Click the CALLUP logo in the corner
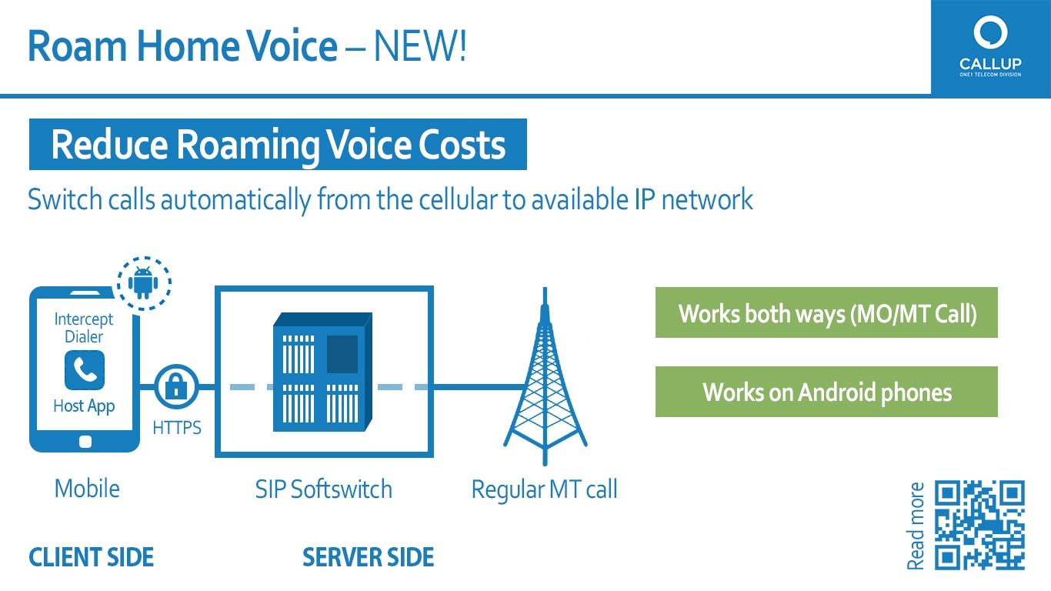click(x=990, y=46)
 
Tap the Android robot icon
click(x=143, y=283)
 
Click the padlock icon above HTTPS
click(x=176, y=387)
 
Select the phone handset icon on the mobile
click(x=85, y=370)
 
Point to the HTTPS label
click(x=177, y=428)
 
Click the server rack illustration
click(x=323, y=372)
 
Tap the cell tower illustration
click(x=545, y=376)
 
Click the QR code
click(x=979, y=525)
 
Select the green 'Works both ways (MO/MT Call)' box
click(x=826, y=312)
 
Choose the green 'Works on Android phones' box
click(x=826, y=392)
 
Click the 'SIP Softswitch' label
click(x=323, y=489)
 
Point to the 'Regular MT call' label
click(x=544, y=489)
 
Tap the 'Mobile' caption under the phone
click(x=87, y=489)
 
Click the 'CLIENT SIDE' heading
click(x=91, y=557)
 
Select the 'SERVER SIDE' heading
click(x=369, y=557)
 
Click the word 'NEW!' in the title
click(x=420, y=45)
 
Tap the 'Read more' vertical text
click(x=916, y=526)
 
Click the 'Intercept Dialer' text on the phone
click(x=84, y=328)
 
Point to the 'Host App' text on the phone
click(x=84, y=406)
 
